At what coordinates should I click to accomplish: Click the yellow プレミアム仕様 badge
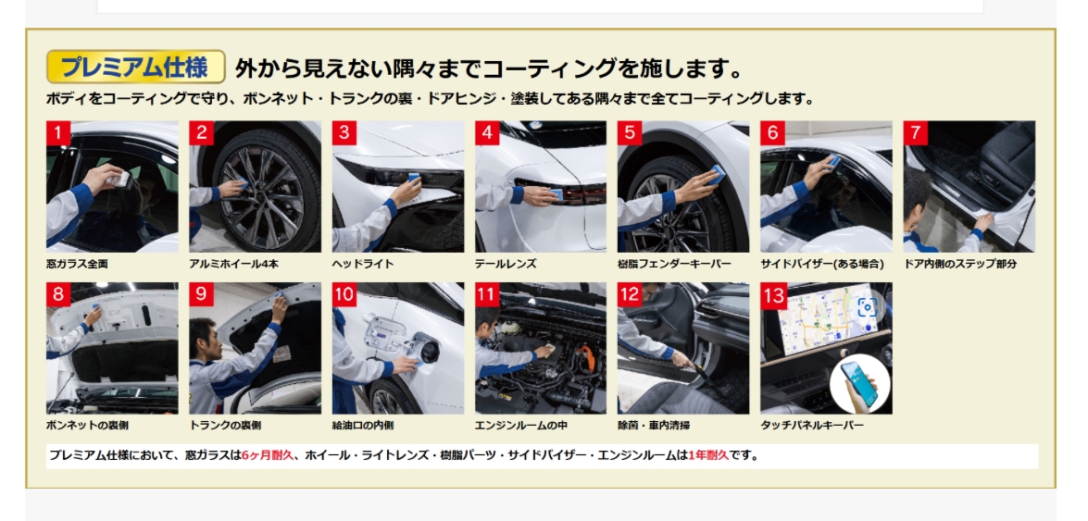click(x=136, y=67)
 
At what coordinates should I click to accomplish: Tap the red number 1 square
click(x=58, y=133)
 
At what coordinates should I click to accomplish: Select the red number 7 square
click(x=915, y=133)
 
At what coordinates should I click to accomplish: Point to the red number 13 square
click(x=774, y=295)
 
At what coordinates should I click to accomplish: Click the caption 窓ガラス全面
click(x=77, y=264)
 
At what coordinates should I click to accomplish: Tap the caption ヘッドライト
click(x=363, y=264)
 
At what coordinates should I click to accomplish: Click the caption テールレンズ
click(x=506, y=264)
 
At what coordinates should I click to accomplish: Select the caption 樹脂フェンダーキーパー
click(x=674, y=264)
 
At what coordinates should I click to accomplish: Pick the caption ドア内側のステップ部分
click(x=960, y=264)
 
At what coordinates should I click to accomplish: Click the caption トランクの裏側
click(x=226, y=426)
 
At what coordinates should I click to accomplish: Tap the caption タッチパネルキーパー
click(x=812, y=426)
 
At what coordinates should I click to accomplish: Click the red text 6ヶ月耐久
click(x=268, y=456)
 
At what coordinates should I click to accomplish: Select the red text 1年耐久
click(x=707, y=456)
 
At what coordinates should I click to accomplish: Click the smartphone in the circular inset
click(x=859, y=384)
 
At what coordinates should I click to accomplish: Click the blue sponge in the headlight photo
click(x=414, y=178)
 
